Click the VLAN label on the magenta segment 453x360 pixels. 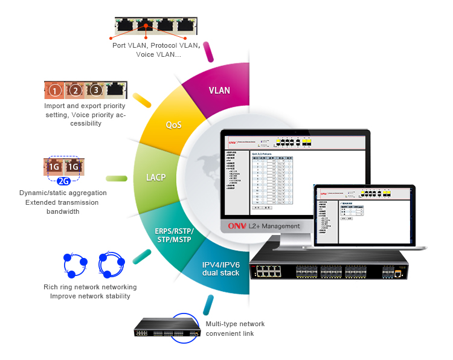click(219, 91)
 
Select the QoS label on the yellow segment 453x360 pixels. click(174, 125)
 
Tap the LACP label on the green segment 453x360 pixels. click(156, 178)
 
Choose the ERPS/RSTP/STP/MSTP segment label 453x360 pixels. click(173, 235)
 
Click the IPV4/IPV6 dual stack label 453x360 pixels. click(220, 268)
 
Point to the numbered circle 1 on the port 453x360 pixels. click(55, 91)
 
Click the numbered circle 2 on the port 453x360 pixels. click(75, 91)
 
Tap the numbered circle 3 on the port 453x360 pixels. click(95, 91)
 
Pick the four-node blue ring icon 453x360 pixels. click(111, 263)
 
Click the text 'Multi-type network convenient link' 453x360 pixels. click(235, 329)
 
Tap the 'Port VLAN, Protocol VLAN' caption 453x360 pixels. click(156, 45)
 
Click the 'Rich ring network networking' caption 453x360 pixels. click(90, 287)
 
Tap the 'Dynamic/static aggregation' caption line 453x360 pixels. click(63, 193)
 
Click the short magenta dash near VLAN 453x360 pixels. click(210, 52)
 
